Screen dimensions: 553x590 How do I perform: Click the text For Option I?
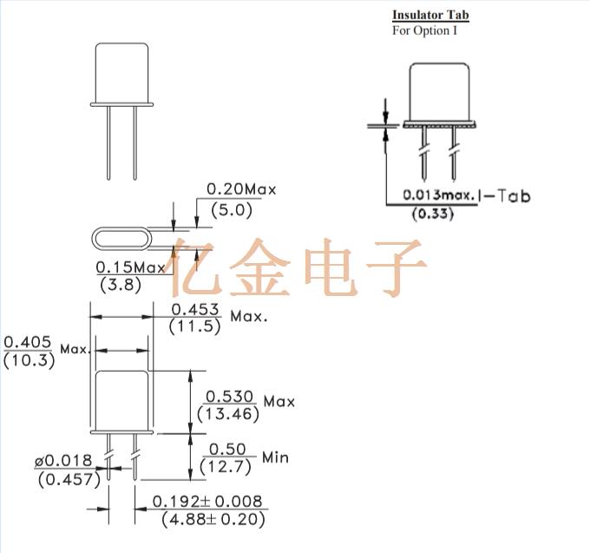tap(423, 30)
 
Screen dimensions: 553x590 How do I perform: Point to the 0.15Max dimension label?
tap(130, 267)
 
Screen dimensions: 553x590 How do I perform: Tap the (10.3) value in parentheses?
tap(29, 359)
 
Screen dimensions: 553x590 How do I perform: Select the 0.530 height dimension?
tap(229, 396)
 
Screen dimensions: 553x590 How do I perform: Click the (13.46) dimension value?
tap(229, 414)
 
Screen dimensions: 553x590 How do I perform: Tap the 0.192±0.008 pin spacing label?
tap(208, 502)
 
